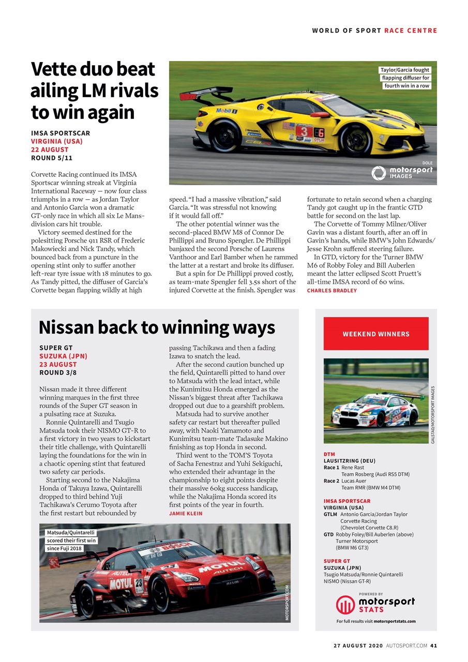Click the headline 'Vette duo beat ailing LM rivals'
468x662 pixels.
(94, 91)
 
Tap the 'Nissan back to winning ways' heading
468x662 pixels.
(157, 327)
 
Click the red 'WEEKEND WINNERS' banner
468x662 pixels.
(376, 334)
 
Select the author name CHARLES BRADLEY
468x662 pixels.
(332, 291)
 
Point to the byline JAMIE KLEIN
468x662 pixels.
(186, 514)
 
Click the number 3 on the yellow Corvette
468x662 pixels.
(305, 131)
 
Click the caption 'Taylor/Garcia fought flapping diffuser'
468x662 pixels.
(405, 78)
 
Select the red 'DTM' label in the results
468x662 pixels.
(329, 454)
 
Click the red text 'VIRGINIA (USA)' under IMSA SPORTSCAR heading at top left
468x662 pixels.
(57, 141)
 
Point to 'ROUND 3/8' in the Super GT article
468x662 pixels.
(58, 372)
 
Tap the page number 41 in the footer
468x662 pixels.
(433, 645)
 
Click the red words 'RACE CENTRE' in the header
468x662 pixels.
(411, 31)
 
